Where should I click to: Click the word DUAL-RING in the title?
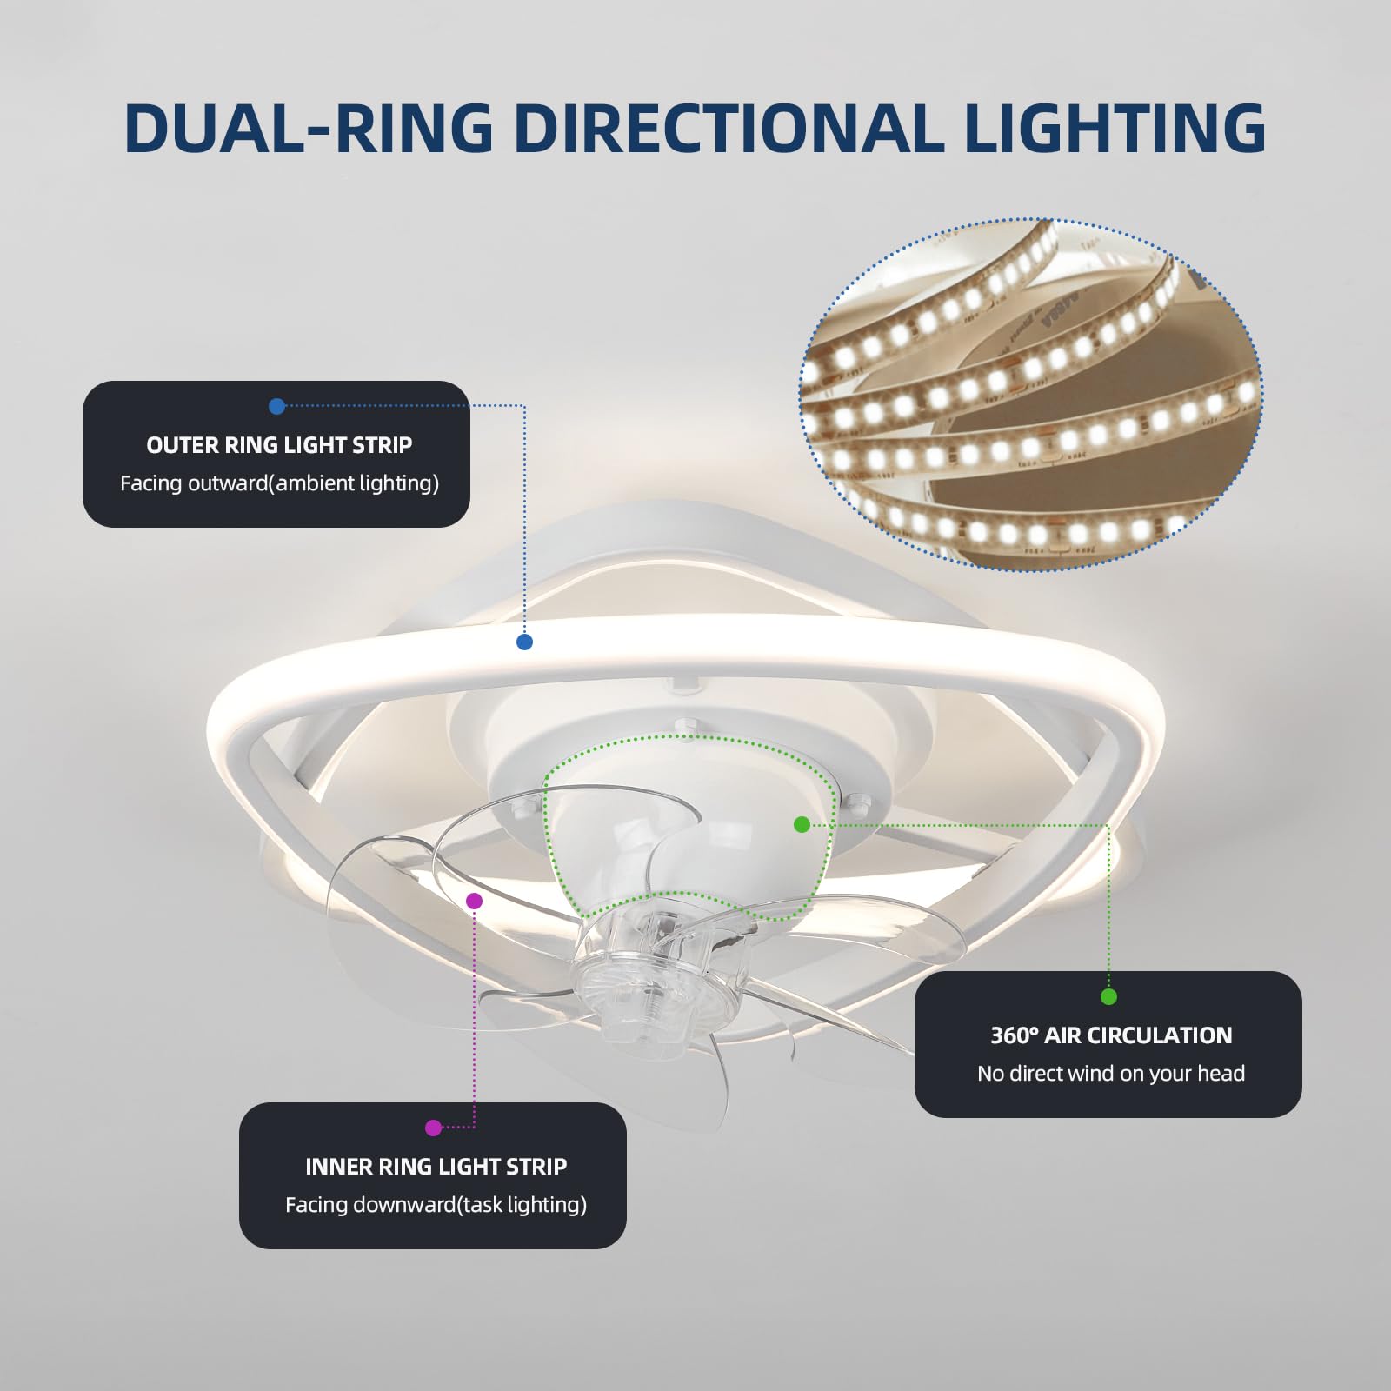coord(309,128)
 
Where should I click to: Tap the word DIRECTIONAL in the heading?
coord(729,128)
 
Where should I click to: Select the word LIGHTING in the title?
coord(1115,128)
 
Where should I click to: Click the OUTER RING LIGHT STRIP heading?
coord(279,445)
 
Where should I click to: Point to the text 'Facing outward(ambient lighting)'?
coord(279,483)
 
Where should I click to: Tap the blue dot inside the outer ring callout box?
coord(277,406)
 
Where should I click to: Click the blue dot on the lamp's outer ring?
coord(524,642)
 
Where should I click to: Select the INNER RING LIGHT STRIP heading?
coord(436,1167)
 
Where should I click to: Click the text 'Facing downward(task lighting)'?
coord(436,1205)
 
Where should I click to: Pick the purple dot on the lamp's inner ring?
coord(474,901)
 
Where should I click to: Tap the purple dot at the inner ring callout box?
coord(434,1128)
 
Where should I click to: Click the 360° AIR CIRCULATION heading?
coord(1111,1035)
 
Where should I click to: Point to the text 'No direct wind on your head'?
coord(1111,1074)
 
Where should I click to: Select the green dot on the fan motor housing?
coord(802,824)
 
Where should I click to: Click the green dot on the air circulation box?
coord(1108,996)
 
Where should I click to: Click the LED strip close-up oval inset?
coord(1030,394)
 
